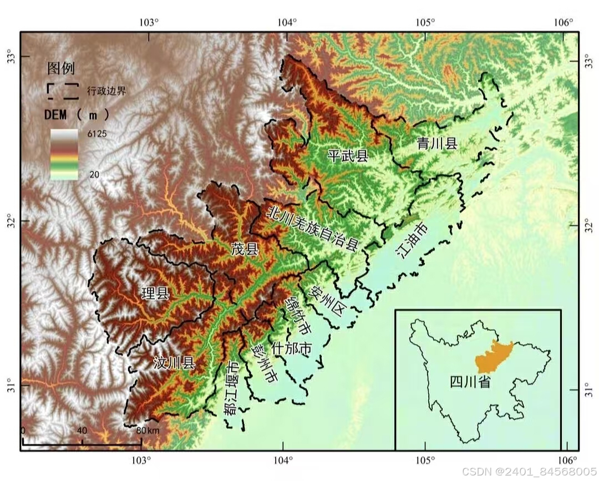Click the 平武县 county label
pyautogui.click(x=348, y=155)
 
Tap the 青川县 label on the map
pyautogui.click(x=437, y=143)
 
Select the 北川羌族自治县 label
pyautogui.click(x=313, y=227)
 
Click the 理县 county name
pyautogui.click(x=155, y=293)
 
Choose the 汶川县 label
pyautogui.click(x=174, y=363)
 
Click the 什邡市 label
pyautogui.click(x=291, y=349)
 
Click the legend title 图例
pyautogui.click(x=61, y=69)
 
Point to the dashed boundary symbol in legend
pyautogui.click(x=62, y=90)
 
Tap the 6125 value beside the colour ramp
pyautogui.click(x=96, y=134)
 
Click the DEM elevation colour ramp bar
pyautogui.click(x=64, y=155)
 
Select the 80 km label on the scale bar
pyautogui.click(x=148, y=431)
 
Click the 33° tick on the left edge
pyautogui.click(x=11, y=57)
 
